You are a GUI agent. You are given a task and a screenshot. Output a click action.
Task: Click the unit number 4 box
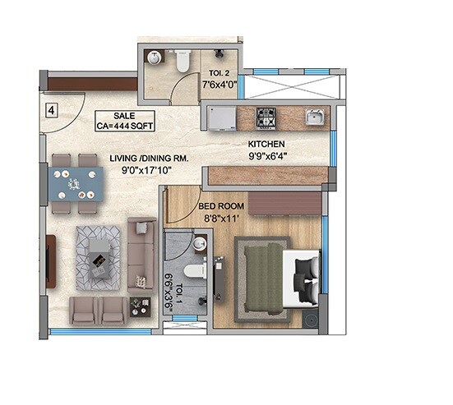click(x=52, y=108)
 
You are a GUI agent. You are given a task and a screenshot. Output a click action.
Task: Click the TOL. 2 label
click(x=219, y=71)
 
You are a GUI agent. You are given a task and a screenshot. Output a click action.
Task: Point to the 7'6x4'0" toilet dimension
click(x=219, y=82)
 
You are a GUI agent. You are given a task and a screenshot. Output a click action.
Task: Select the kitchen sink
click(x=313, y=117)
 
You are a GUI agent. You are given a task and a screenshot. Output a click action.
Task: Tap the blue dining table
click(x=75, y=184)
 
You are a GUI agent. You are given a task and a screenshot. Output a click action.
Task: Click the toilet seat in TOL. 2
click(x=183, y=61)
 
